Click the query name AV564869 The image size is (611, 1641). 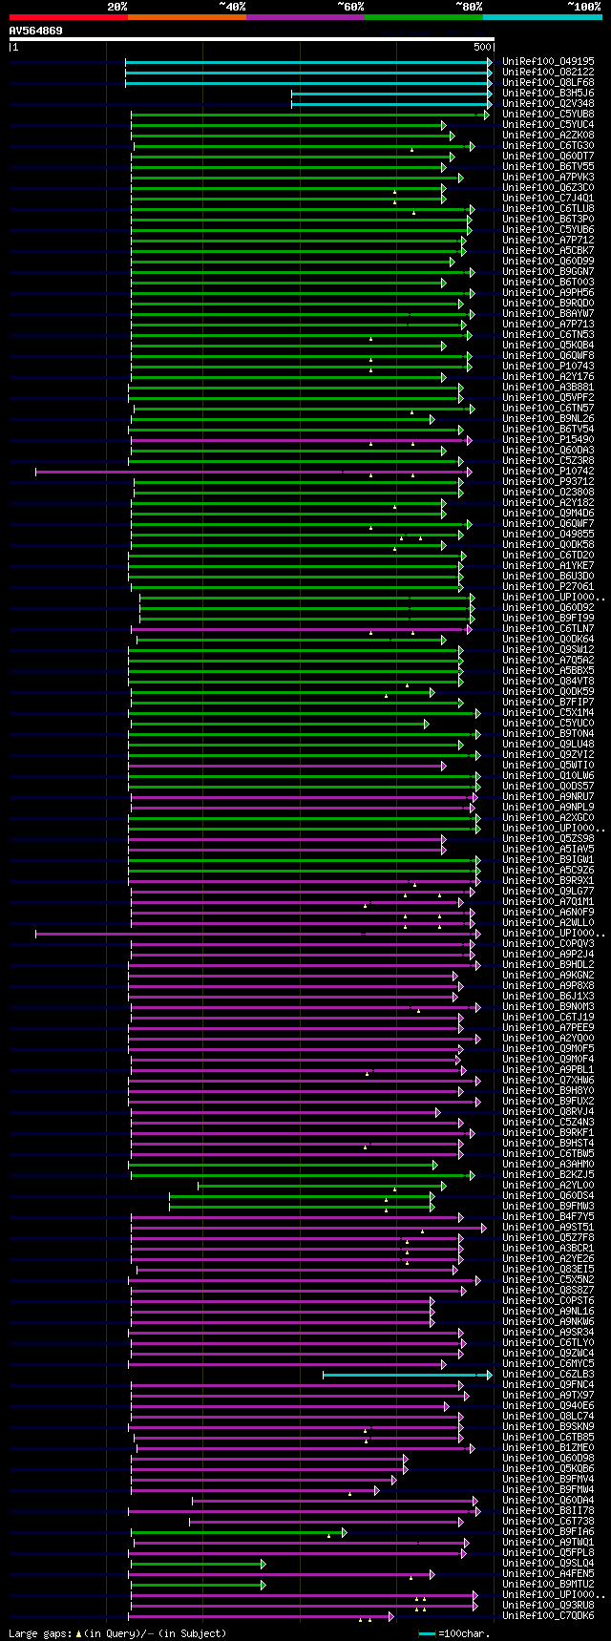click(x=36, y=31)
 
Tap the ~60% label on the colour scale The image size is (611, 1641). click(x=350, y=7)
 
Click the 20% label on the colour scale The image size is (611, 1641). click(x=117, y=7)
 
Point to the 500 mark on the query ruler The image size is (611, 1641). click(x=482, y=47)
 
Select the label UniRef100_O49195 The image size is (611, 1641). click(x=548, y=61)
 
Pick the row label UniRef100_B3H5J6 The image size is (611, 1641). click(x=548, y=93)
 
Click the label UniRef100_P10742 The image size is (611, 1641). click(x=548, y=471)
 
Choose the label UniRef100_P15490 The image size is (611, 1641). click(x=548, y=439)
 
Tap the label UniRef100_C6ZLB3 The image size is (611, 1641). click(x=548, y=1374)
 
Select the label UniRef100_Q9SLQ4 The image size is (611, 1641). click(x=548, y=1563)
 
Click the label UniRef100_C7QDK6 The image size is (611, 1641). click(x=548, y=1615)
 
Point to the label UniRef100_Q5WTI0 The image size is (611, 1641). click(x=548, y=765)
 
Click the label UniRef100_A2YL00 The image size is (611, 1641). click(x=548, y=1185)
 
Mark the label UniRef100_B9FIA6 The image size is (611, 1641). click(x=548, y=1531)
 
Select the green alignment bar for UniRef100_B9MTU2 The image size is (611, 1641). click(x=196, y=1585)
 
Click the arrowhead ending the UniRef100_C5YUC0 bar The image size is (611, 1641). click(x=427, y=724)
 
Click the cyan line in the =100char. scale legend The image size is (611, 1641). click(x=427, y=1633)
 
